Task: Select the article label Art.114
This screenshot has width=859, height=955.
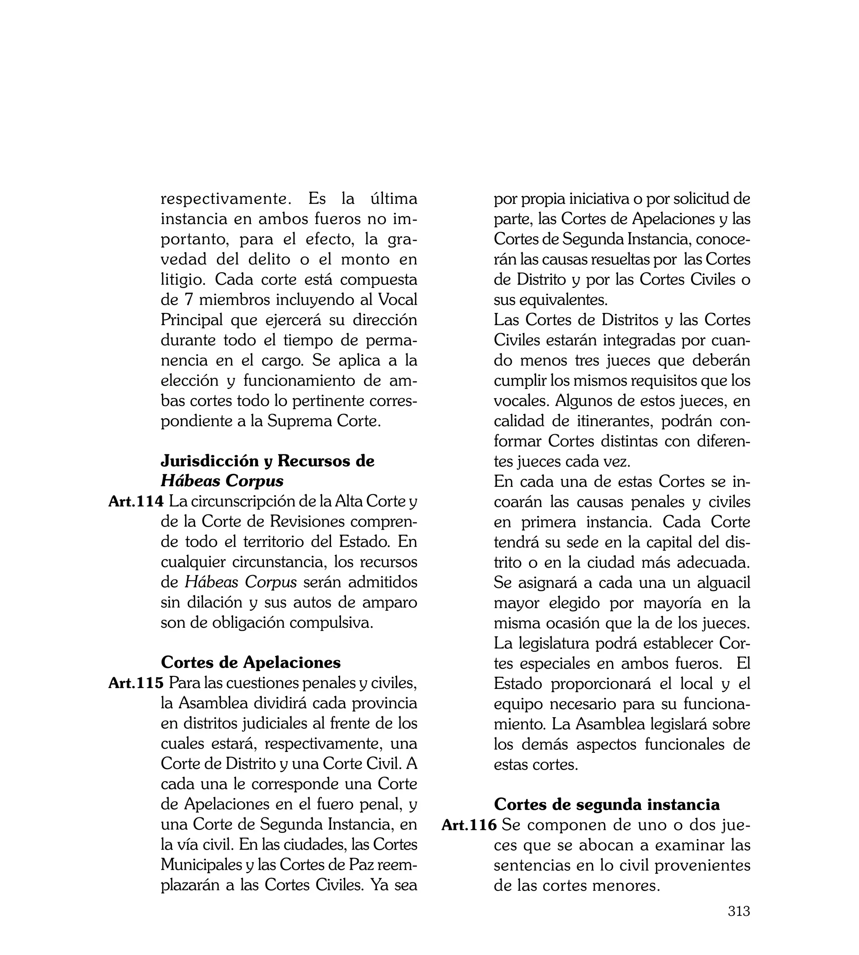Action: click(x=136, y=501)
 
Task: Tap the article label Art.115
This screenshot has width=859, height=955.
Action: click(x=136, y=683)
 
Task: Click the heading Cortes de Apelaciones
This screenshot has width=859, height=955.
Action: click(x=251, y=662)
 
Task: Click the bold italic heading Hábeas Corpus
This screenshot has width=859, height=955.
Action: click(x=222, y=481)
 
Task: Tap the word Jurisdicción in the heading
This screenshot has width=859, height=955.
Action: click(x=211, y=461)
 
